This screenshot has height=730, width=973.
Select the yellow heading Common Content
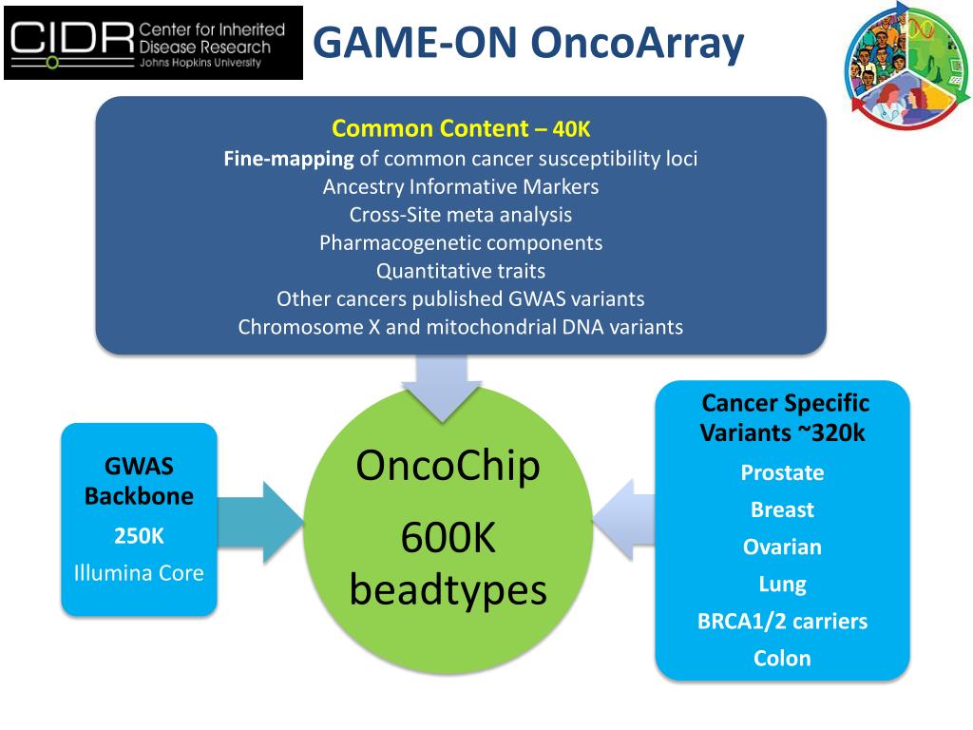pyautogui.click(x=429, y=129)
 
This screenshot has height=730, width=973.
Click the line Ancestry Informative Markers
pyautogui.click(x=461, y=186)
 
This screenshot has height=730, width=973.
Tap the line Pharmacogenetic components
pyautogui.click(x=461, y=242)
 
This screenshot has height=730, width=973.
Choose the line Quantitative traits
pyautogui.click(x=461, y=271)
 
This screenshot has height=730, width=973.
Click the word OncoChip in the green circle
pyautogui.click(x=448, y=466)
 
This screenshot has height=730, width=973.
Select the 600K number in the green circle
pyautogui.click(x=448, y=539)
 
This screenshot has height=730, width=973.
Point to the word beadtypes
pyautogui.click(x=448, y=589)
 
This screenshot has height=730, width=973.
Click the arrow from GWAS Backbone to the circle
pyautogui.click(x=260, y=522)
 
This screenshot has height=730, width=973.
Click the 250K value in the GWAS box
pyautogui.click(x=139, y=536)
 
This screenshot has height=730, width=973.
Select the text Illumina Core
pyautogui.click(x=139, y=573)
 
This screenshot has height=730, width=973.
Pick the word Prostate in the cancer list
pyautogui.click(x=782, y=472)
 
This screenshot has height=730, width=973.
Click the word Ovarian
pyautogui.click(x=782, y=547)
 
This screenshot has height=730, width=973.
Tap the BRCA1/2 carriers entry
pyautogui.click(x=782, y=622)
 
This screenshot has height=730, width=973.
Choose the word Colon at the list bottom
pyautogui.click(x=782, y=658)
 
